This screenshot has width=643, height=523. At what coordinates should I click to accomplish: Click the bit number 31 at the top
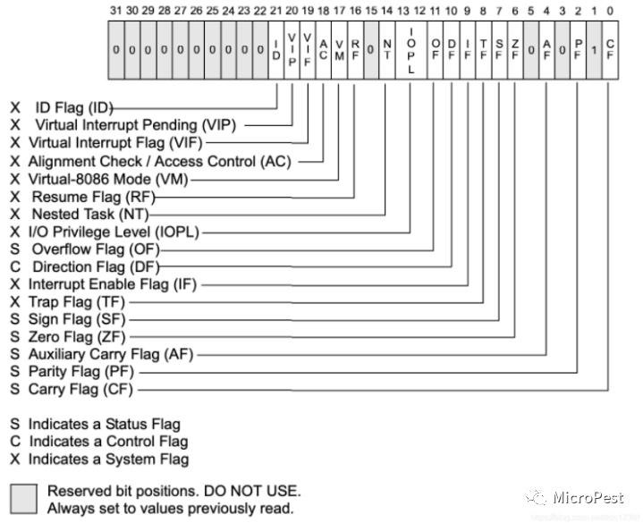115,12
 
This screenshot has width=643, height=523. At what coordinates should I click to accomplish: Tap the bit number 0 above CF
610,12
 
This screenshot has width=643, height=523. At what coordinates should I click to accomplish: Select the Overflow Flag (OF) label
95,249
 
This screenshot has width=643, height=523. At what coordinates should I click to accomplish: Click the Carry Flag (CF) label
82,390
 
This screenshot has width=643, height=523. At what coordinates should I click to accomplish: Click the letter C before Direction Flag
14,266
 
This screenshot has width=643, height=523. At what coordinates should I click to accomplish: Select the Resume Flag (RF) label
84,196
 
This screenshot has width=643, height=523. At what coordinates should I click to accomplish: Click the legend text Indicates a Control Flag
108,442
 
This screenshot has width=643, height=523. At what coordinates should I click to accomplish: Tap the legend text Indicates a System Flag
108,460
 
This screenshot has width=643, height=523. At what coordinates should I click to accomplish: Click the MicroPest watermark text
588,497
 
